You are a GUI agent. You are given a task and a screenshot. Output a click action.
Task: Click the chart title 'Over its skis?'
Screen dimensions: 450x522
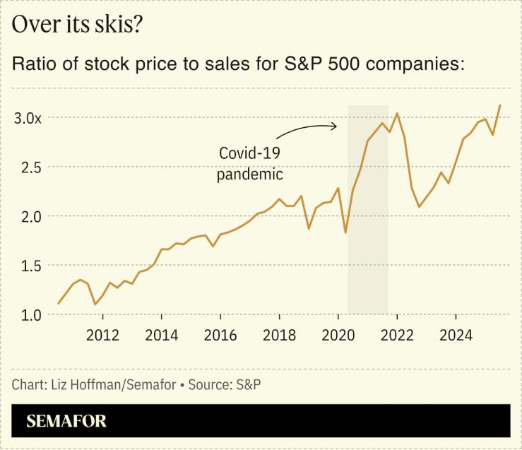click(78, 25)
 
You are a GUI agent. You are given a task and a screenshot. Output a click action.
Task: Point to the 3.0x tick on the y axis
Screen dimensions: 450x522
click(28, 118)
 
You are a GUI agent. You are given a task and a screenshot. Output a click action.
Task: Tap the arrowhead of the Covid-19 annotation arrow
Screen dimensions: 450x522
click(336, 126)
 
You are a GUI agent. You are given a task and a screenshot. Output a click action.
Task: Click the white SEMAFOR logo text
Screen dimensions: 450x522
click(66, 422)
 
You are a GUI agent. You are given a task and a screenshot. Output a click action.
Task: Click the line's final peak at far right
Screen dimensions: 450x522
click(500, 105)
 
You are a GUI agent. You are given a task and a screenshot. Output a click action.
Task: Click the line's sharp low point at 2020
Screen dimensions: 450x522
click(345, 232)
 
